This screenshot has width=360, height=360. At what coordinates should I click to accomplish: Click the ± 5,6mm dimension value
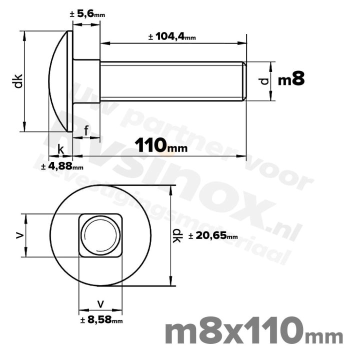pyautogui.click(x=87, y=14)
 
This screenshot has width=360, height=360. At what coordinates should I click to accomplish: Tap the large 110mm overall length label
pyautogui.click(x=161, y=146)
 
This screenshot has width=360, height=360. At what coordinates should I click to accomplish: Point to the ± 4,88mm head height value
pyautogui.click(x=62, y=166)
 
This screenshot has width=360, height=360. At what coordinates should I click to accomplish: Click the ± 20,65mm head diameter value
pyautogui.click(x=213, y=236)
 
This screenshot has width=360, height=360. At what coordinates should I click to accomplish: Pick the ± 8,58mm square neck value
pyautogui.click(x=101, y=320)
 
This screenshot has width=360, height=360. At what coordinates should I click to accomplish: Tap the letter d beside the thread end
pyautogui.click(x=265, y=80)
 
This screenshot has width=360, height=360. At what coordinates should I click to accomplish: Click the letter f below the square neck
pyautogui.click(x=86, y=131)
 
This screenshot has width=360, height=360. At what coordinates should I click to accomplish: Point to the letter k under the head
pyautogui.click(x=60, y=149)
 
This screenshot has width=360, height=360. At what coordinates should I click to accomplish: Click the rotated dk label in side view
pyautogui.click(x=18, y=81)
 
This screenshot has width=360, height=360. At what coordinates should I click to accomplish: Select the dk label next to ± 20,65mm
pyautogui.click(x=176, y=236)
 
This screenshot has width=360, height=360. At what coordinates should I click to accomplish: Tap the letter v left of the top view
pyautogui.click(x=19, y=235)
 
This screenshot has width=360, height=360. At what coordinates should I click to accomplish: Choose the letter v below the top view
pyautogui.click(x=101, y=303)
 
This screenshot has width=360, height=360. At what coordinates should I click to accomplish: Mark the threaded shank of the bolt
pyautogui.click(x=170, y=81)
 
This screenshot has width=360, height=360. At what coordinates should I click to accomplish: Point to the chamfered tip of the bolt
pyautogui.click(x=244, y=81)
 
